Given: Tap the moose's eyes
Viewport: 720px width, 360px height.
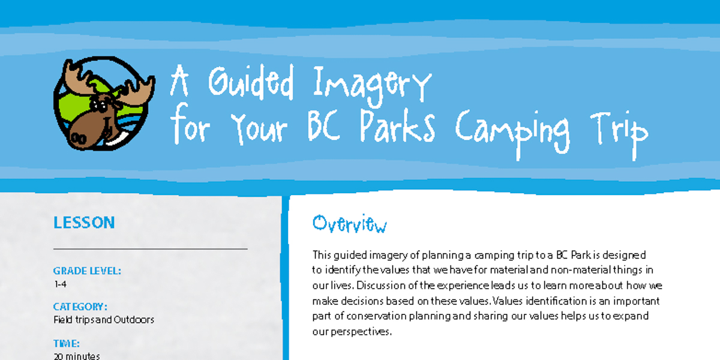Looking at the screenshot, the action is [x=98, y=105].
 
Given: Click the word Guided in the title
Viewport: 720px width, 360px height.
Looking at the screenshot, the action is [x=251, y=82].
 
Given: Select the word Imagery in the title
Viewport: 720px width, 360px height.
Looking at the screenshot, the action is [x=372, y=86].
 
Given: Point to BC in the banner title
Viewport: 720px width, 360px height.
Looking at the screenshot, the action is [x=323, y=125].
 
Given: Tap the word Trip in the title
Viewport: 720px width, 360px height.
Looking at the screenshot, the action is [x=619, y=135].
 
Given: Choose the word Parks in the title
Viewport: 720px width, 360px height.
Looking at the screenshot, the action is [x=397, y=125].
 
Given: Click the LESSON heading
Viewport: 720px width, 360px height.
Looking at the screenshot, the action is [x=84, y=223].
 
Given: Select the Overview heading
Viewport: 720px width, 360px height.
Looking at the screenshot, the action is [x=350, y=223].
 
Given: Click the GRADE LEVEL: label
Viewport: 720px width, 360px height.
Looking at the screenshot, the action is [x=87, y=271].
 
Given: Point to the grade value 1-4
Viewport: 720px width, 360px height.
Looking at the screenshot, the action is [x=61, y=284].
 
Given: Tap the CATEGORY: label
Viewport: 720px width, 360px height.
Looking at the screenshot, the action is [x=80, y=307].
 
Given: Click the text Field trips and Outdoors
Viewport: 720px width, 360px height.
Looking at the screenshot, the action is [x=104, y=320].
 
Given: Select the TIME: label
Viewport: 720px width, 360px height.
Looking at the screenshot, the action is [x=67, y=344].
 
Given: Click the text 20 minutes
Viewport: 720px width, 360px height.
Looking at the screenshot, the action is [x=77, y=356].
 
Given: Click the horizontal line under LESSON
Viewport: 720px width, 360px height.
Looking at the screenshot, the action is [x=151, y=249].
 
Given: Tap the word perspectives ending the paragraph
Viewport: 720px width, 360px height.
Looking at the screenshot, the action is [x=361, y=332].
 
